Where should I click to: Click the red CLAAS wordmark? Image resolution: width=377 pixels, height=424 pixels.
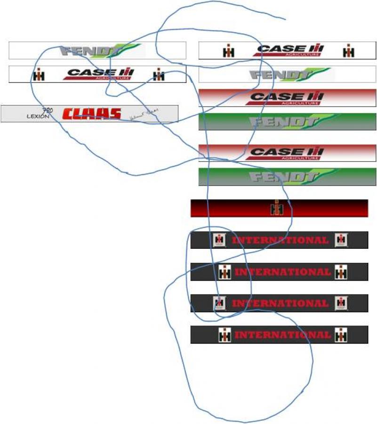pos(92,114)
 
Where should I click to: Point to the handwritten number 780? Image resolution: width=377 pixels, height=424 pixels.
pos(48,111)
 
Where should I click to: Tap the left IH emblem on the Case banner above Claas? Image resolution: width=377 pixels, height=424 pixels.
pos(39,74)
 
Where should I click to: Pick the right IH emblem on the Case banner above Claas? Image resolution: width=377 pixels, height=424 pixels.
pos(159,74)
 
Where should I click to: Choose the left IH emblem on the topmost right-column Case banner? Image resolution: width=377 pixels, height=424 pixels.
pos(229,51)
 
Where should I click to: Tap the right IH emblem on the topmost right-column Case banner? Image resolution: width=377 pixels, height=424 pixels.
pos(348,51)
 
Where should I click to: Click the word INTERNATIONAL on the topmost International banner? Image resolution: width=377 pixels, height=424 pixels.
pos(280,240)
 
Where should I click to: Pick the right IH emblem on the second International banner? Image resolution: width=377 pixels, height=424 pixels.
pos(341,272)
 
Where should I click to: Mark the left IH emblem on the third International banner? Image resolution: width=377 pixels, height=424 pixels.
pos(218,303)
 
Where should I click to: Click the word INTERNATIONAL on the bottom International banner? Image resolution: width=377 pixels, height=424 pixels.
pos(282,335)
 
